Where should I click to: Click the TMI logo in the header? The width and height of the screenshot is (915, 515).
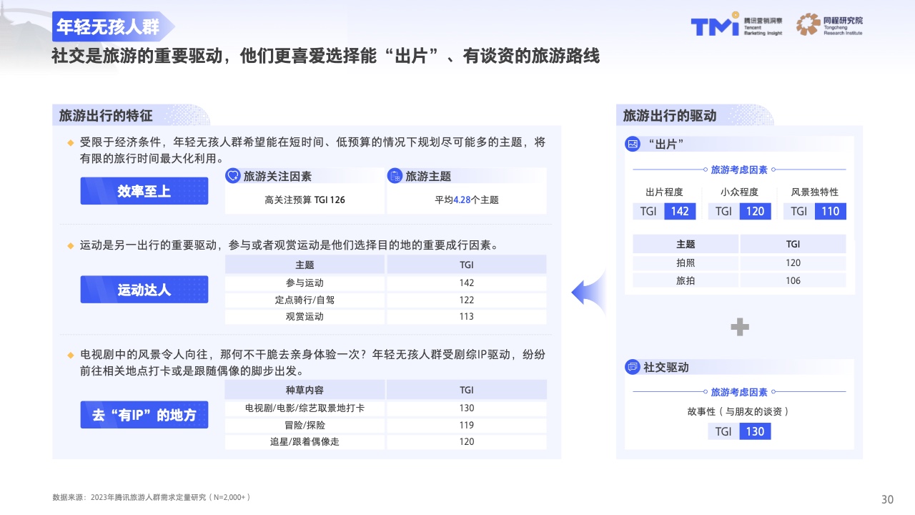click(x=715, y=24)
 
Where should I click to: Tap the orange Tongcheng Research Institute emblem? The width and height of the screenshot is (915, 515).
click(x=808, y=24)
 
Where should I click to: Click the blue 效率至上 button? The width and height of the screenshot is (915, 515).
click(x=144, y=191)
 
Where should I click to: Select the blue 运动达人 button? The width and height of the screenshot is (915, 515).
click(x=144, y=290)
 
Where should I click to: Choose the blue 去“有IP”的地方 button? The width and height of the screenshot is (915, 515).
click(x=144, y=415)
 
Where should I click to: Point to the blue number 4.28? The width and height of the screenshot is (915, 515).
click(x=462, y=200)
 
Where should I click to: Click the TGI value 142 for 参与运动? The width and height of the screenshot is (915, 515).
click(x=467, y=283)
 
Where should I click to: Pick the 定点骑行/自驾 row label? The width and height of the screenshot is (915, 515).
click(x=305, y=300)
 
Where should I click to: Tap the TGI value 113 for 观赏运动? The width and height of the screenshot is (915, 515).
click(x=467, y=316)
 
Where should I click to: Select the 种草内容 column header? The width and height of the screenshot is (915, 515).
click(x=305, y=390)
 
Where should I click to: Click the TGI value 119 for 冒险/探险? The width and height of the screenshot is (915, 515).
click(x=467, y=425)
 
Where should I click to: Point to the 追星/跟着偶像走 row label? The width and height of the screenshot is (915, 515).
click(x=305, y=442)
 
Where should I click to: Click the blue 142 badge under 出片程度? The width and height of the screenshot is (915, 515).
click(x=680, y=211)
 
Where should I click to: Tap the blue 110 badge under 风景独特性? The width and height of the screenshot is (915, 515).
click(x=831, y=211)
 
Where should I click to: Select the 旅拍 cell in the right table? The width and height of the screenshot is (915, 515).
click(x=686, y=281)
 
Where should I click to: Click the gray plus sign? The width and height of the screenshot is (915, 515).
click(x=740, y=327)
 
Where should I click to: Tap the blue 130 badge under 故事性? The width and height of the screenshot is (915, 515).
click(x=755, y=431)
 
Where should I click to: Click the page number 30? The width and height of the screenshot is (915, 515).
click(x=887, y=499)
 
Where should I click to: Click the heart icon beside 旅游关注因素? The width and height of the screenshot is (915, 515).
click(x=233, y=176)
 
